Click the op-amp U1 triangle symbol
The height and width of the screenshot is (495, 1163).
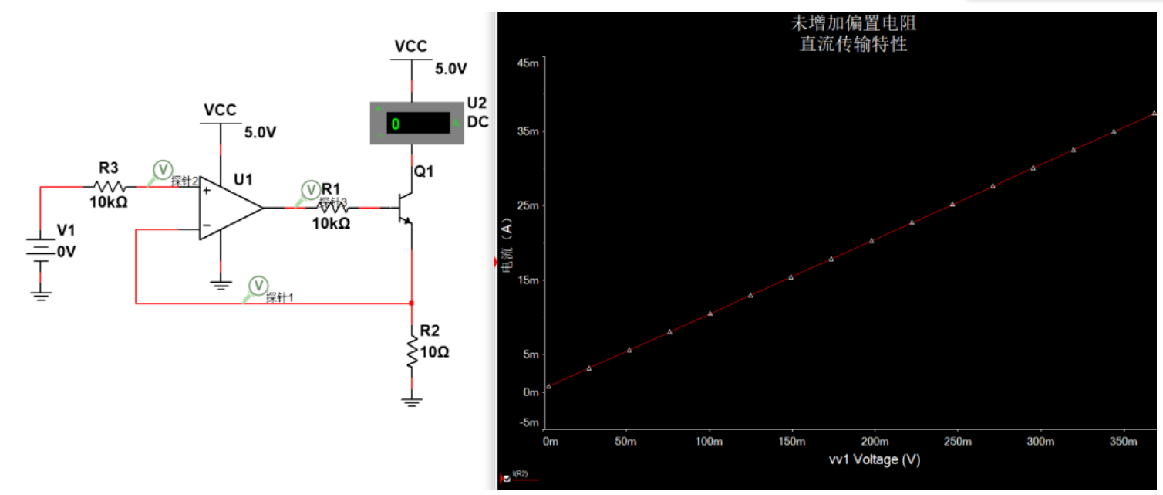pos(230,208)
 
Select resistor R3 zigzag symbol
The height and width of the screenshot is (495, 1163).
pos(109,186)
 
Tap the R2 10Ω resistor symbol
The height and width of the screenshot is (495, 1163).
pos(412,351)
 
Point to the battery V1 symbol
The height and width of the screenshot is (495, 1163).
pos(40,251)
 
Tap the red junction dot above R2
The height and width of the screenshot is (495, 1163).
pos(412,303)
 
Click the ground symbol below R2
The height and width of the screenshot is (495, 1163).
pos(412,402)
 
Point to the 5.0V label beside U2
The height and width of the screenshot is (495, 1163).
pos(451,69)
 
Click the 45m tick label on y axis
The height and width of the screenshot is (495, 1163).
pos(528,63)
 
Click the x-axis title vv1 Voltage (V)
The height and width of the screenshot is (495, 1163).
pos(875,460)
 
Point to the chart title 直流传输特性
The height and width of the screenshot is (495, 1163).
pos(853,44)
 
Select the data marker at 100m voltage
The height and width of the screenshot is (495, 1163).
pos(710,314)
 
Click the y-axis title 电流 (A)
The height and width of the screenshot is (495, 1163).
pos(507,245)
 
